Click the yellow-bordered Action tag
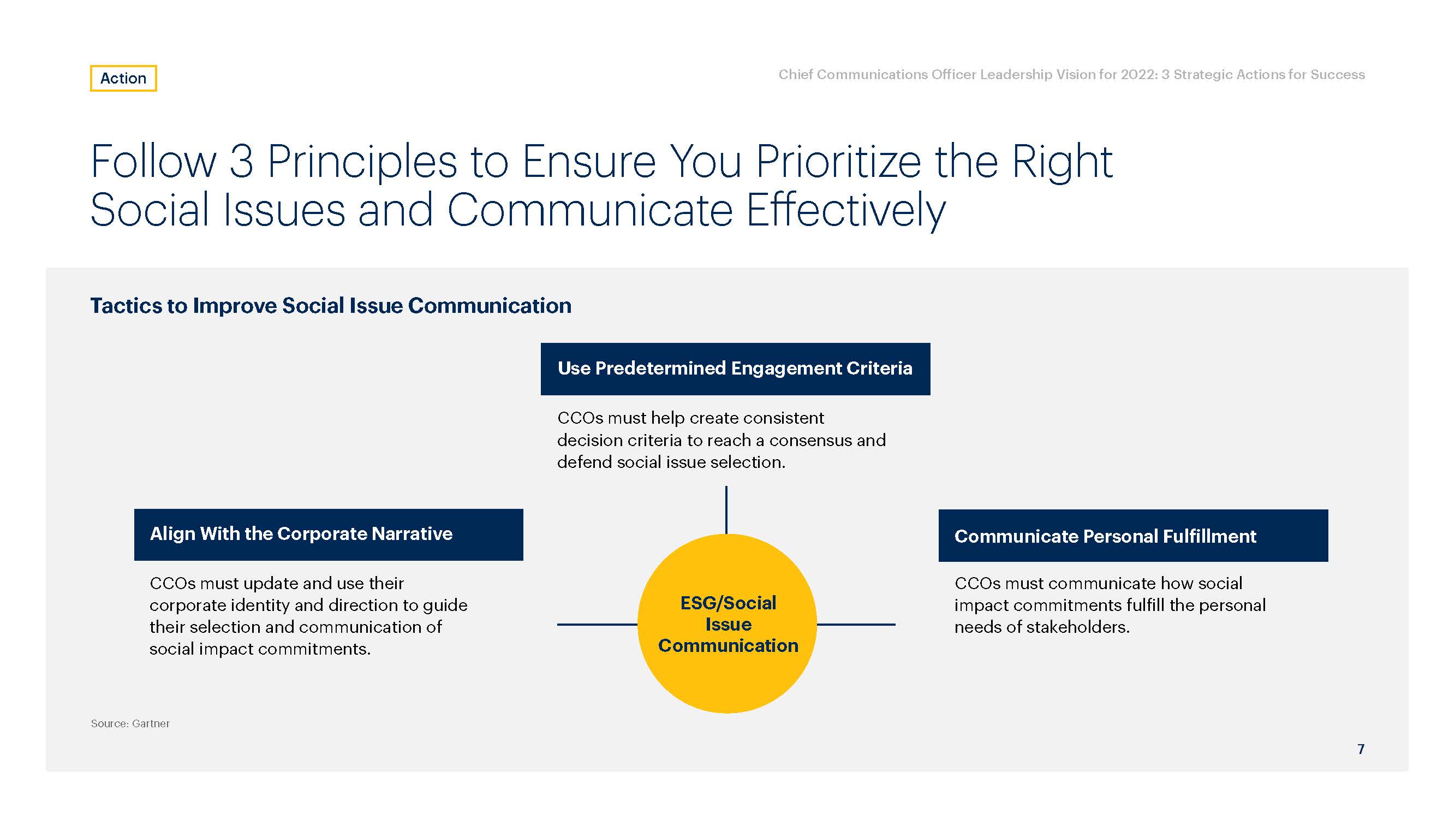123,78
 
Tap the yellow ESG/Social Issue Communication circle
727,624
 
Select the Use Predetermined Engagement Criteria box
735,369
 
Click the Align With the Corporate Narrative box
329,535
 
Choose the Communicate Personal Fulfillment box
1133,535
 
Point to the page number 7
1361,749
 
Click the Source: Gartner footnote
130,723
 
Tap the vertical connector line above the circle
726,510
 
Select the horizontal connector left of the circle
598,625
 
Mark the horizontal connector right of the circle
856,625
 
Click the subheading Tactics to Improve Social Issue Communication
331,306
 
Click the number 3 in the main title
241,162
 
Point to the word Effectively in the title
845,210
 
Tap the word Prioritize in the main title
839,162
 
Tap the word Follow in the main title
153,162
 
